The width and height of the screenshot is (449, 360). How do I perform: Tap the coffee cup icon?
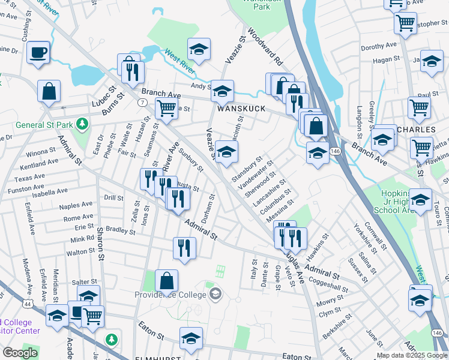(x=38, y=52)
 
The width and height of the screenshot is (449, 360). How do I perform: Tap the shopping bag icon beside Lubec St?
(x=49, y=92)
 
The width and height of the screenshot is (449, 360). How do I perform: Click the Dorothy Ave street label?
(x=379, y=46)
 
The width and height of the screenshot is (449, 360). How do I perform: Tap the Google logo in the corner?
(x=20, y=353)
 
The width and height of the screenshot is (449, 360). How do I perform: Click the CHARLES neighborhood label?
(x=416, y=129)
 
